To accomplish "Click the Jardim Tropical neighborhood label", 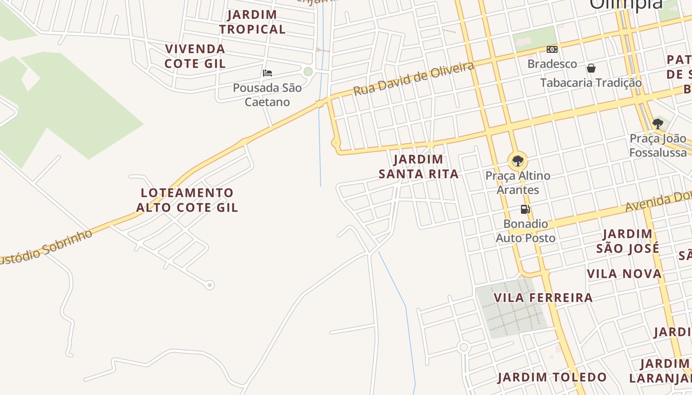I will (x=252, y=22).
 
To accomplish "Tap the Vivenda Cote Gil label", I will (x=195, y=56).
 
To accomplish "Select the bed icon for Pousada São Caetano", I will (x=267, y=73).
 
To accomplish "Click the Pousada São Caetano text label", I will (x=267, y=95).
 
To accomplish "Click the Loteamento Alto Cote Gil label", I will (x=187, y=200).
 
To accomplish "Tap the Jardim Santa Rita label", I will (x=419, y=167).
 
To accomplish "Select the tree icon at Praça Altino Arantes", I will (x=518, y=161).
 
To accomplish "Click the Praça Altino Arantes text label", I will (x=518, y=183).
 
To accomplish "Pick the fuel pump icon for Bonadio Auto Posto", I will (x=525, y=209).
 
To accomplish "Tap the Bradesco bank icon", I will (x=552, y=49).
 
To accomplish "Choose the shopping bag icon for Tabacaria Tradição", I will (x=591, y=68).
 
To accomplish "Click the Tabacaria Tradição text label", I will (x=591, y=82).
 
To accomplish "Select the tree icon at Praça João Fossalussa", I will (x=657, y=123).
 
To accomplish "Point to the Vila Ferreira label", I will (x=543, y=298).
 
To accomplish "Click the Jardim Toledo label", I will (x=552, y=378).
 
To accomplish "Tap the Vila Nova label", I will (x=624, y=274).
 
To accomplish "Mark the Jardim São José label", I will (x=627, y=241).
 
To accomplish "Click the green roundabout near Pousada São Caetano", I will (x=308, y=72).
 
